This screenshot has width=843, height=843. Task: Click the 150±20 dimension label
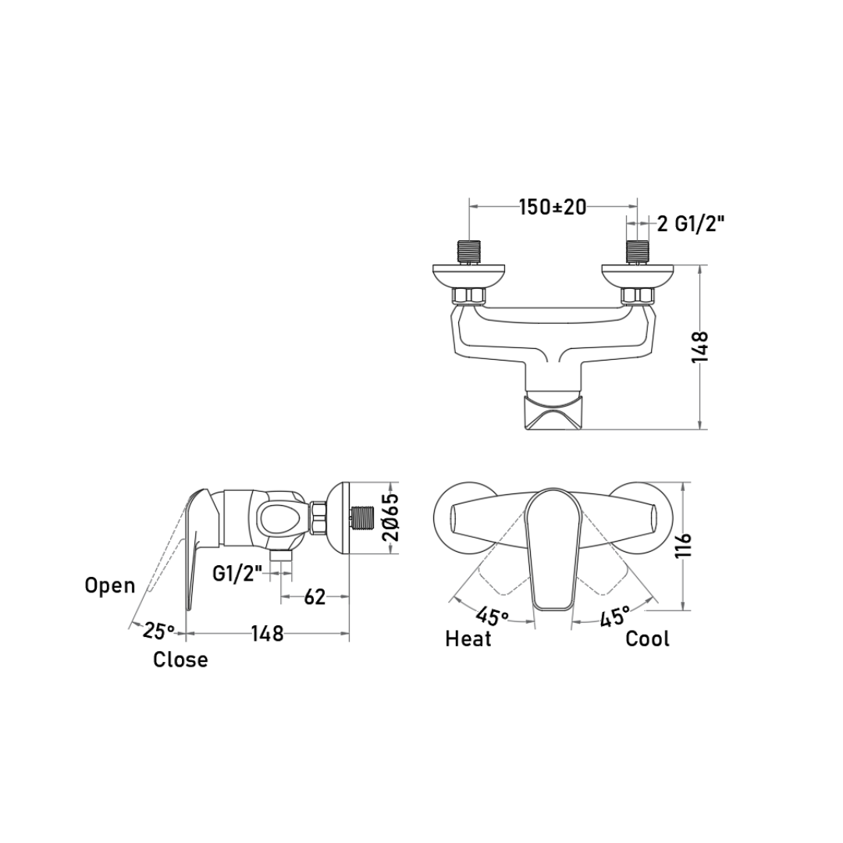[552, 206]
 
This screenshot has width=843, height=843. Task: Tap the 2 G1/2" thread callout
[691, 223]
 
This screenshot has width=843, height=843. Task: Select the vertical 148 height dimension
[700, 347]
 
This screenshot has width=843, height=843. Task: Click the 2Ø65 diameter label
[393, 518]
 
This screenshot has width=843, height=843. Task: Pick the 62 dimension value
[315, 596]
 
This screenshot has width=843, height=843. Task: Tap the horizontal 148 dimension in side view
[267, 633]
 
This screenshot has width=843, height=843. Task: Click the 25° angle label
[158, 630]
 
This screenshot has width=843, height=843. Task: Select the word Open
[110, 585]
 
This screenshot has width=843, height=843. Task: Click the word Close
[180, 659]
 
